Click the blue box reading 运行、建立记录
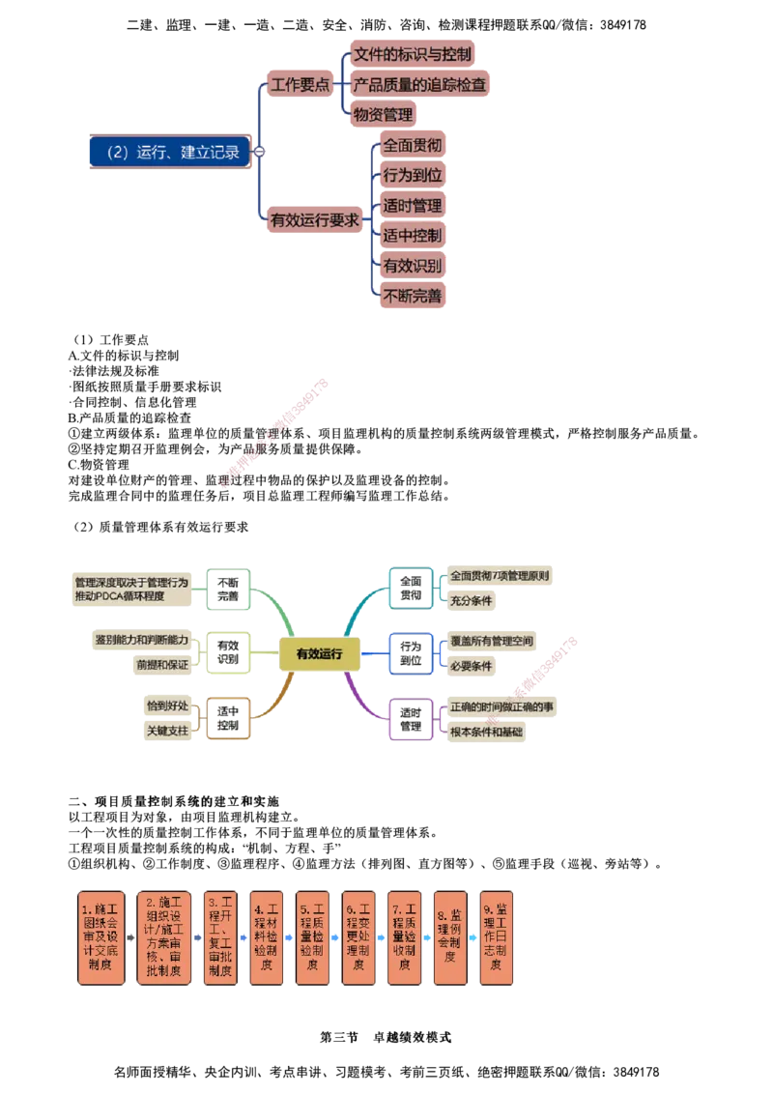coord(168,152)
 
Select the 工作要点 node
coord(300,84)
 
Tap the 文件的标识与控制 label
coord(413,54)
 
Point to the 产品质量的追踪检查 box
coord(419,84)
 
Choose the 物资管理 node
coord(383,114)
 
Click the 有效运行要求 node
coord(315,219)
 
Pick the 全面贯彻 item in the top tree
coord(413,145)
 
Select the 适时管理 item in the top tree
coord(413,205)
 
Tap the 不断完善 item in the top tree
coord(413,295)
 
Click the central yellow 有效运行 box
coord(320,654)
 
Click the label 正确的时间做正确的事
coord(501,706)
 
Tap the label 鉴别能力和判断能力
coord(142,639)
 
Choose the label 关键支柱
coord(167,731)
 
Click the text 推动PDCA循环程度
coord(119,596)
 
